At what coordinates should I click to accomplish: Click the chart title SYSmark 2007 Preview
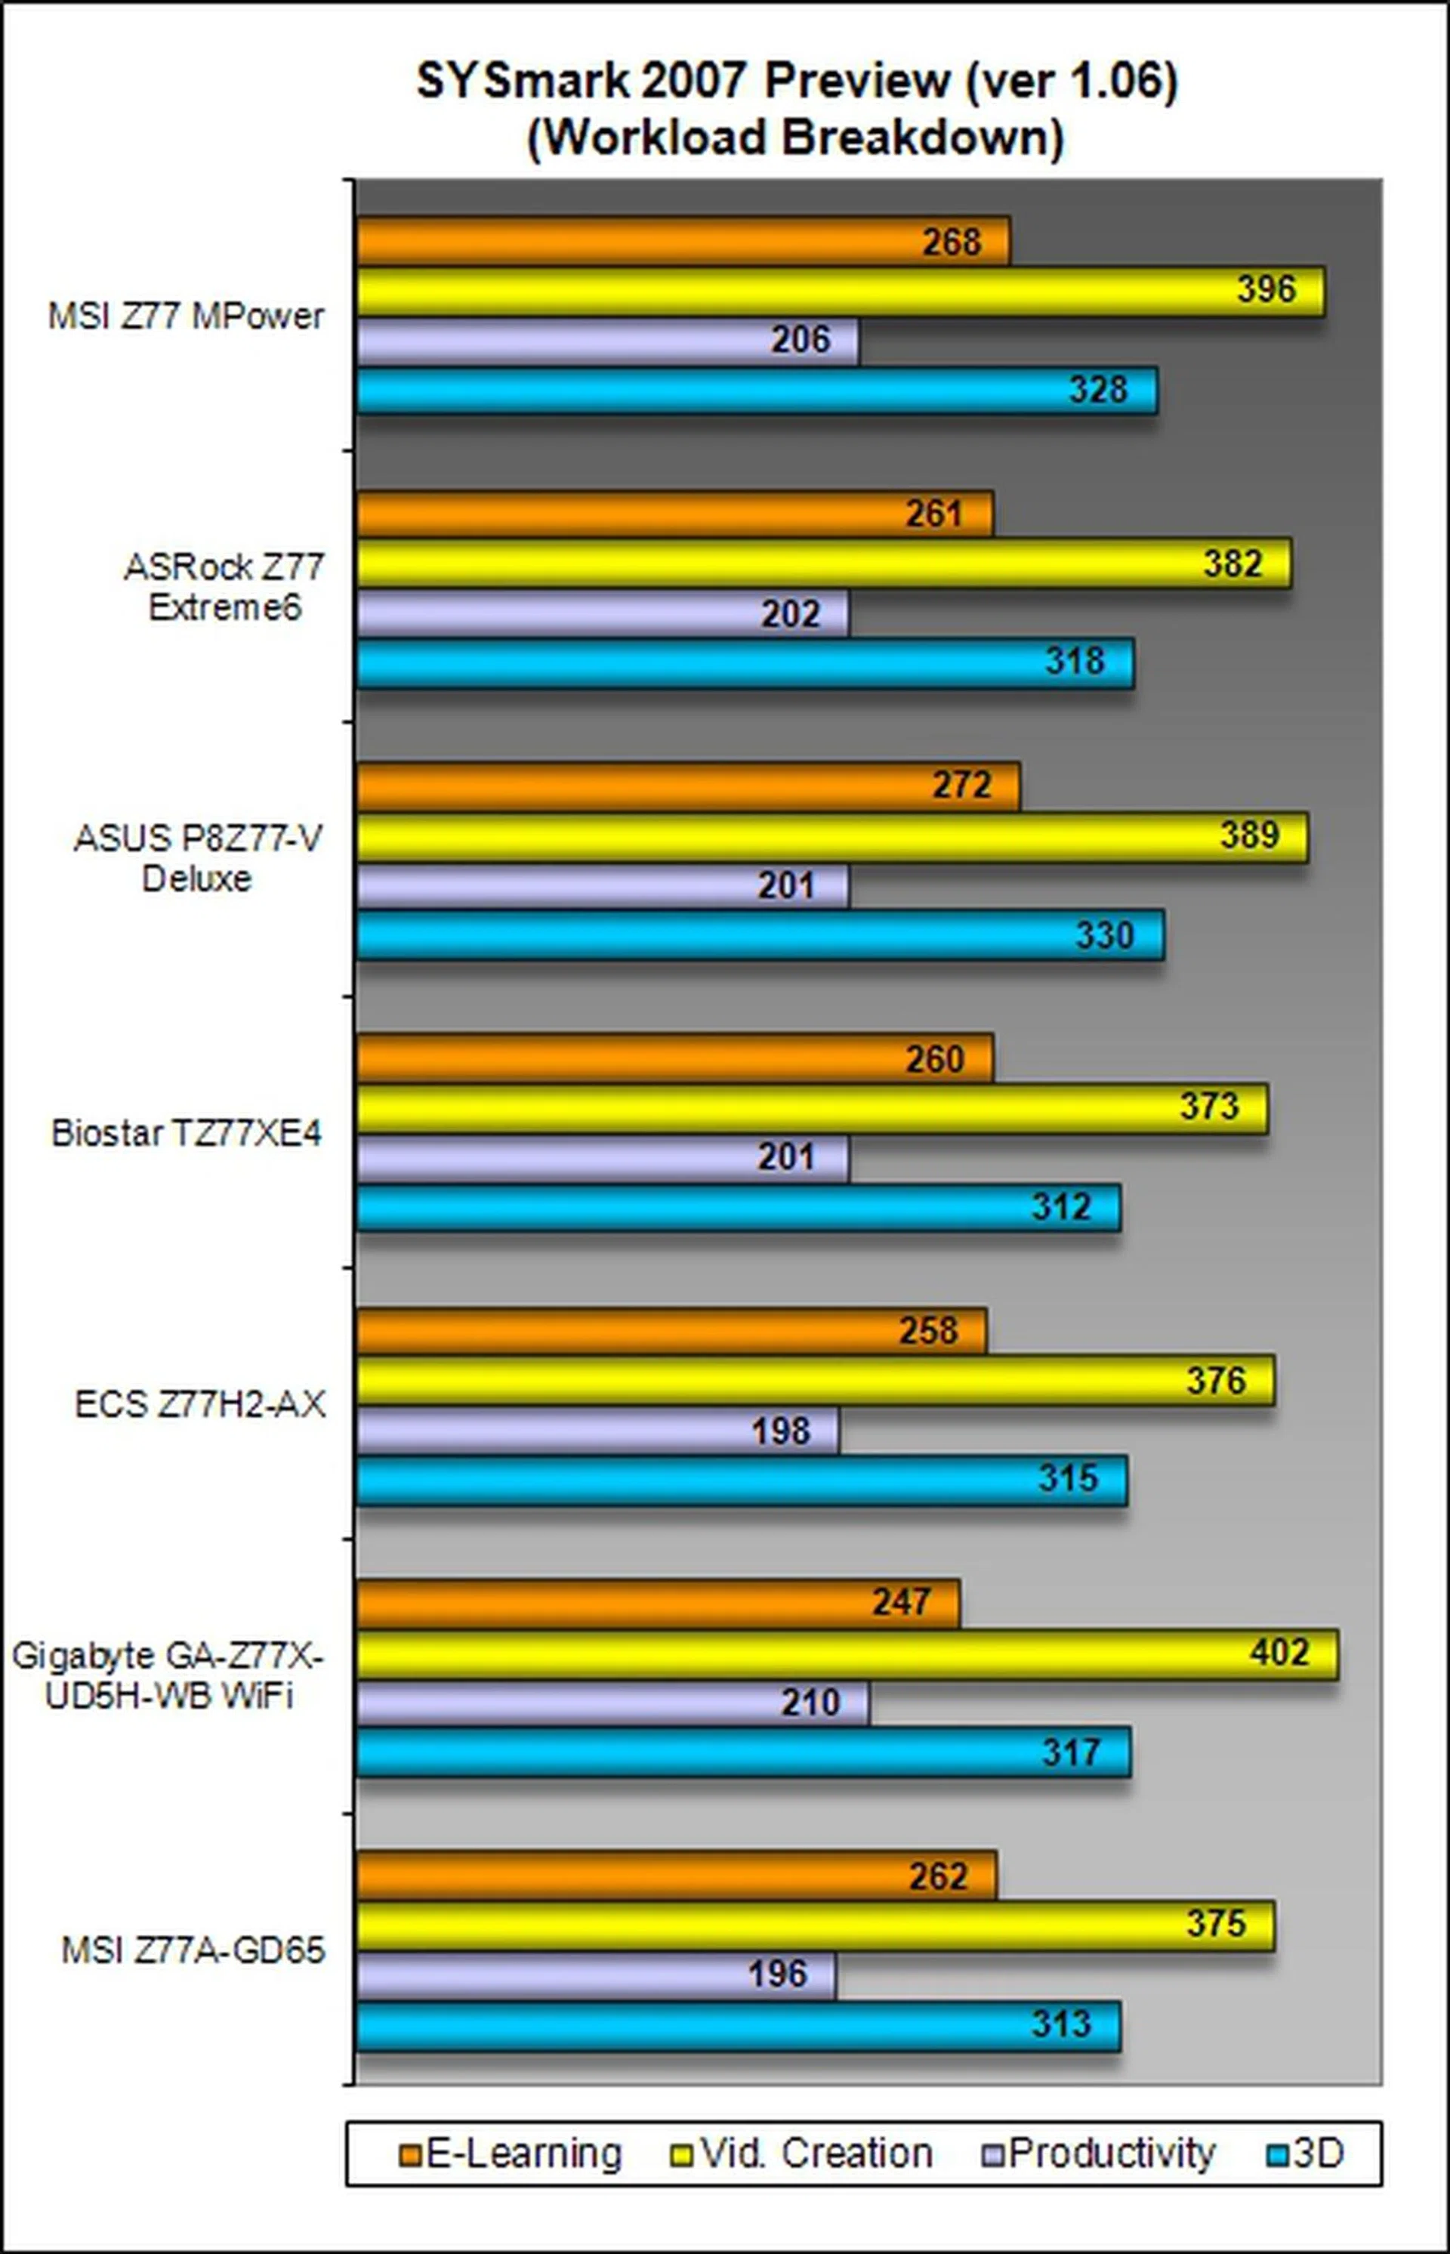[x=797, y=82]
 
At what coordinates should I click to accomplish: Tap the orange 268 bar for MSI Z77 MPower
[x=683, y=241]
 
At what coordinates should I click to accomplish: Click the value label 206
[x=801, y=340]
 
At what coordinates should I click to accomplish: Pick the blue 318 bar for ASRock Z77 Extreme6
[x=744, y=663]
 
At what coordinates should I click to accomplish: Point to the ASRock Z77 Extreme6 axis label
[x=224, y=588]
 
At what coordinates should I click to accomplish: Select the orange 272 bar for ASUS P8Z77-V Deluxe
[x=687, y=786]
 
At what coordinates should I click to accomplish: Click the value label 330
[x=1104, y=935]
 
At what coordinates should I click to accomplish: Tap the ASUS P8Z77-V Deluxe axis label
[x=198, y=859]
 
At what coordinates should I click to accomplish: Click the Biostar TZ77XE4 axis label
[x=187, y=1132]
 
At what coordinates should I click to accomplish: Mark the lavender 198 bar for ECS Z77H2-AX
[x=597, y=1431]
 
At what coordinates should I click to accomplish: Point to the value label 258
[x=928, y=1330]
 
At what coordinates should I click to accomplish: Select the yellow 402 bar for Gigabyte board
[x=847, y=1653]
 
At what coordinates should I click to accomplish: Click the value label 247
[x=901, y=1601]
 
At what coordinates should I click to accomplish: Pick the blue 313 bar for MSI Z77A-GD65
[x=737, y=2025]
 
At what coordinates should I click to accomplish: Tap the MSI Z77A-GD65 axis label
[x=193, y=1950]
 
